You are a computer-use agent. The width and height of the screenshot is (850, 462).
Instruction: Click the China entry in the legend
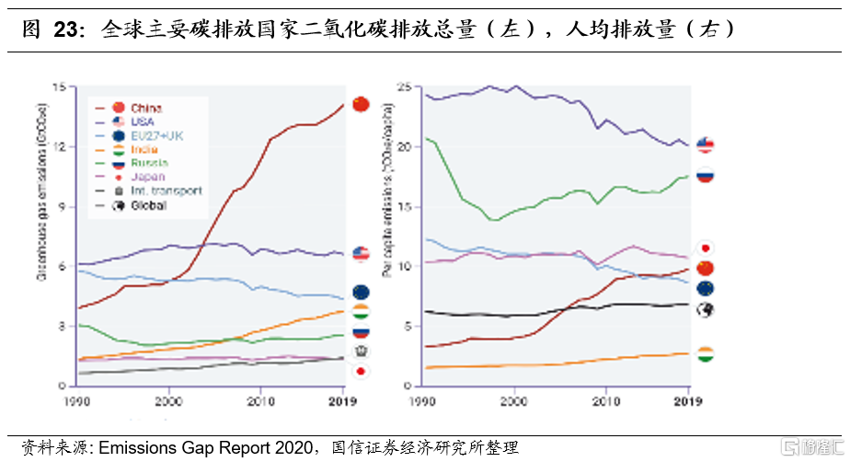coord(138,108)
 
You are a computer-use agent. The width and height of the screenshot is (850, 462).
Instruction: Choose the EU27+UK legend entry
coord(148,135)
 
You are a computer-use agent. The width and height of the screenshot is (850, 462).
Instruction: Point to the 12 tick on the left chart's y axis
coord(61,147)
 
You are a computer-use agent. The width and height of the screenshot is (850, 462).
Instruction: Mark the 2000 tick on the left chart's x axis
coord(168,401)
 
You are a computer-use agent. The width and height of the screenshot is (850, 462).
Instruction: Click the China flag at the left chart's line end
coord(361,104)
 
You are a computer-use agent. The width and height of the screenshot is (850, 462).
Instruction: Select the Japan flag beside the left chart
coord(361,371)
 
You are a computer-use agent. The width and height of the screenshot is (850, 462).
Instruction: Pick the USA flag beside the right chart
coord(706,144)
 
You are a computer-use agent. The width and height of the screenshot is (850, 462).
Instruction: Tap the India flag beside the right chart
coord(706,354)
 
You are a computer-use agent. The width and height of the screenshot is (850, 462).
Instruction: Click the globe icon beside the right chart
coord(706,310)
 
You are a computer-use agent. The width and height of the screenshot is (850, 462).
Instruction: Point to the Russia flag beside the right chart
coord(706,175)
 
